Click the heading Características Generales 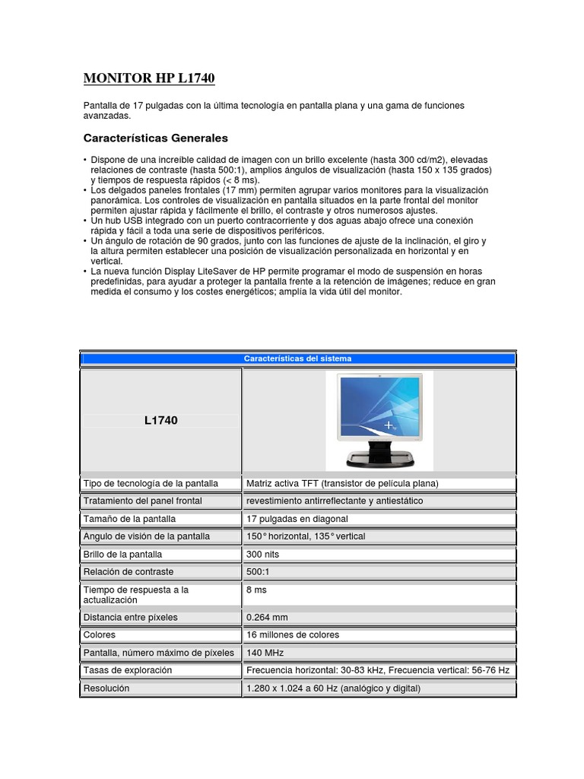[x=155, y=138]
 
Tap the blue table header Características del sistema [x=297, y=358]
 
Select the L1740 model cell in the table [x=160, y=420]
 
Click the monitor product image [x=379, y=421]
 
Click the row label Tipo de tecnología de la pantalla [x=150, y=483]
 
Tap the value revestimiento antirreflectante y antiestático [x=335, y=501]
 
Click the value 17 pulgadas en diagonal [x=297, y=519]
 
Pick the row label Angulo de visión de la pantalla [x=145, y=536]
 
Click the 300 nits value [x=263, y=555]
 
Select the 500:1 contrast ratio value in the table [x=259, y=572]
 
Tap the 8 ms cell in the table [x=257, y=590]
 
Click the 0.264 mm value [x=267, y=618]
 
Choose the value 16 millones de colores [x=293, y=635]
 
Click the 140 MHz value [x=265, y=653]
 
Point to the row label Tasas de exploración [x=128, y=670]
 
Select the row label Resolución [x=106, y=688]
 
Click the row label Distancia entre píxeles [x=130, y=618]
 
